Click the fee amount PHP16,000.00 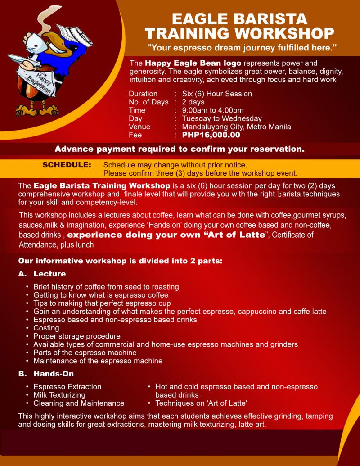[x=211, y=135]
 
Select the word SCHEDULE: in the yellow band [x=67, y=165]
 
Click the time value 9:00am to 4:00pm [x=213, y=110]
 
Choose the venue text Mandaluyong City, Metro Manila [x=236, y=127]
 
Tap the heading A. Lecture [x=42, y=274]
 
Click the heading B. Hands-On [x=46, y=374]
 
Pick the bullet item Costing [x=46, y=328]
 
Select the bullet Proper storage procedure [x=76, y=336]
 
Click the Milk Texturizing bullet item [x=59, y=395]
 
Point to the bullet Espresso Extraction [x=67, y=387]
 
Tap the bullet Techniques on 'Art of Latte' [x=201, y=403]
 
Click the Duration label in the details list [x=143, y=94]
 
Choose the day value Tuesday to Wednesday [x=222, y=118]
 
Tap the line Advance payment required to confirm [x=180, y=149]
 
